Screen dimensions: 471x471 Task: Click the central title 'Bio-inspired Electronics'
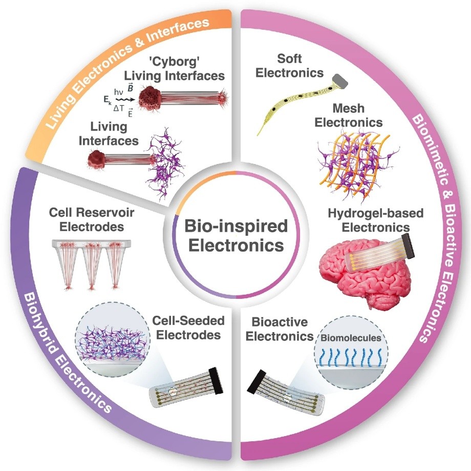pyautogui.click(x=235, y=235)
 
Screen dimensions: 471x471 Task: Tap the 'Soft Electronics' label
pyautogui.click(x=289, y=66)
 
